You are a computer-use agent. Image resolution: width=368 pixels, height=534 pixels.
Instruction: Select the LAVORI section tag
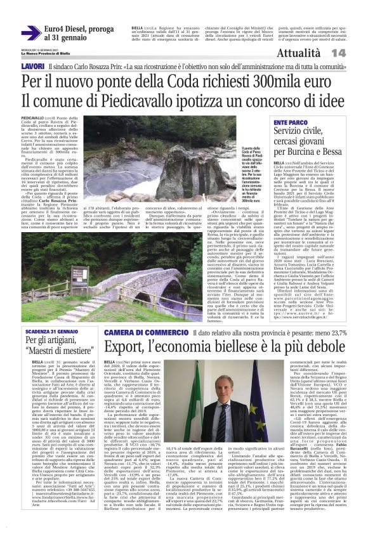coord(32,66)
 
